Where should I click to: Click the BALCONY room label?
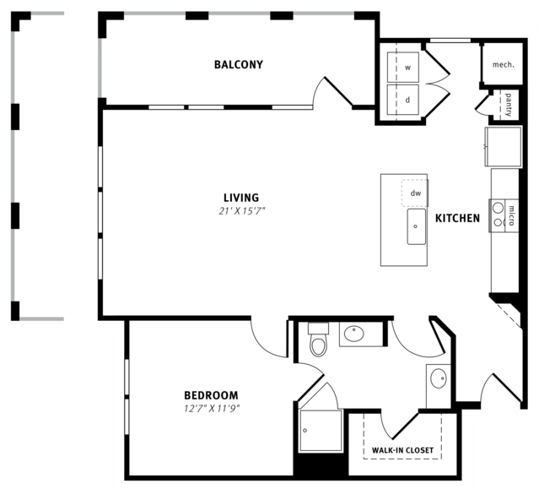239,65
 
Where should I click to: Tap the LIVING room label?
241,198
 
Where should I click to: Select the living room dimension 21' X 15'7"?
242,211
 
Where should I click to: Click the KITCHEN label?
457,218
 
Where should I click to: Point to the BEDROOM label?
211,395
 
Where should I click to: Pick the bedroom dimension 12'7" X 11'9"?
212,409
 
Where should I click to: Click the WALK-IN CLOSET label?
402,450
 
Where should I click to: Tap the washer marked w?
403,68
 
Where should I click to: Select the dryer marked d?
403,100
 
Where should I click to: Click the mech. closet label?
504,65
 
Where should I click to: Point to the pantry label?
509,105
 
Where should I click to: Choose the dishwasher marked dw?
415,193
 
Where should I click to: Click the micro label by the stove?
511,215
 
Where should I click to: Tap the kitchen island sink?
417,226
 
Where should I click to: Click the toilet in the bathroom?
318,340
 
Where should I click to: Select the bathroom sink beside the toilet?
354,334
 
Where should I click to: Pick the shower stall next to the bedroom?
321,431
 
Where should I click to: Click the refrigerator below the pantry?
504,147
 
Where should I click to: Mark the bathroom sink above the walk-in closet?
439,378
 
